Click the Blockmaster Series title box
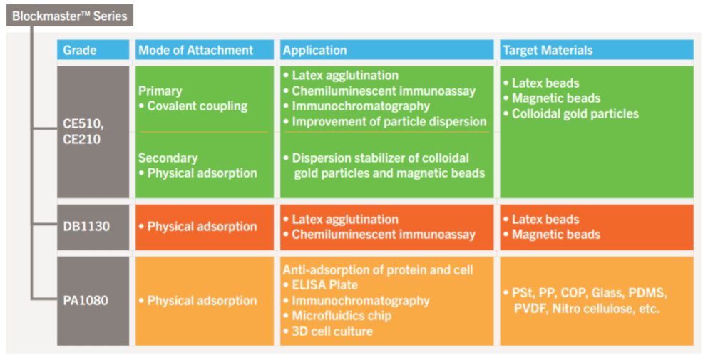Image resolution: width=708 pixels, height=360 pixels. click(70, 15)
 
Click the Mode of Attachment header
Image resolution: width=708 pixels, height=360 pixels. click(195, 50)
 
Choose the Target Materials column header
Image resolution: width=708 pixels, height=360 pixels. click(547, 50)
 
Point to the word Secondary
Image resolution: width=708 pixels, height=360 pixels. click(168, 158)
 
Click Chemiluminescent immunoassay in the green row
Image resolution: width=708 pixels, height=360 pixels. click(383, 91)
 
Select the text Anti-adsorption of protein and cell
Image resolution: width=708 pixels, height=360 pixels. click(378, 269)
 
